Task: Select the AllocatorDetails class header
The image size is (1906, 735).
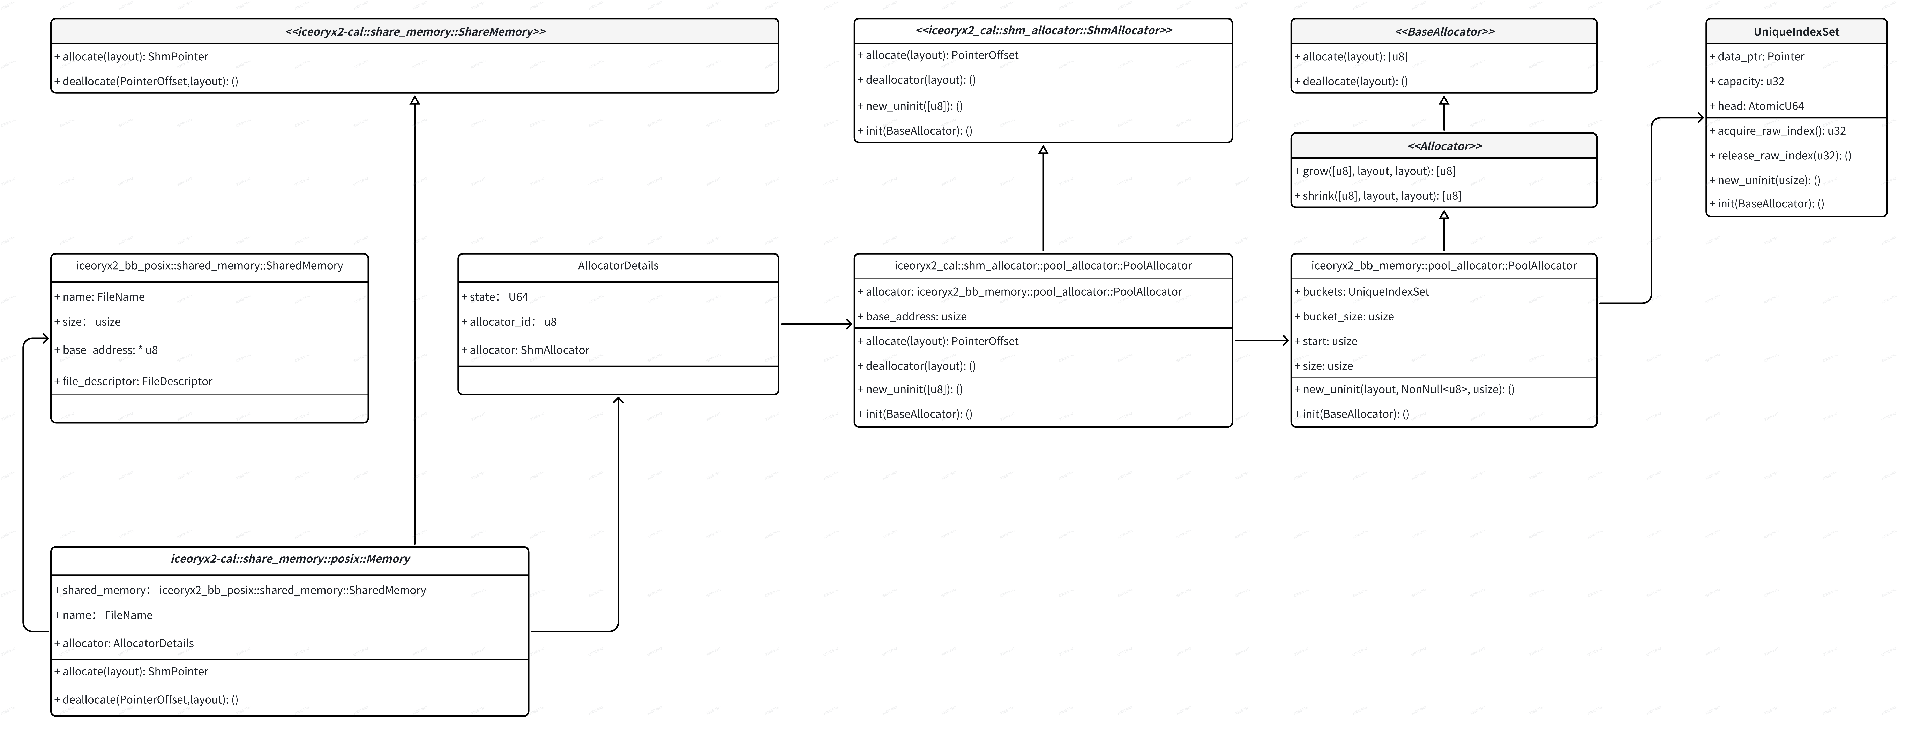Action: pyautogui.click(x=618, y=265)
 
